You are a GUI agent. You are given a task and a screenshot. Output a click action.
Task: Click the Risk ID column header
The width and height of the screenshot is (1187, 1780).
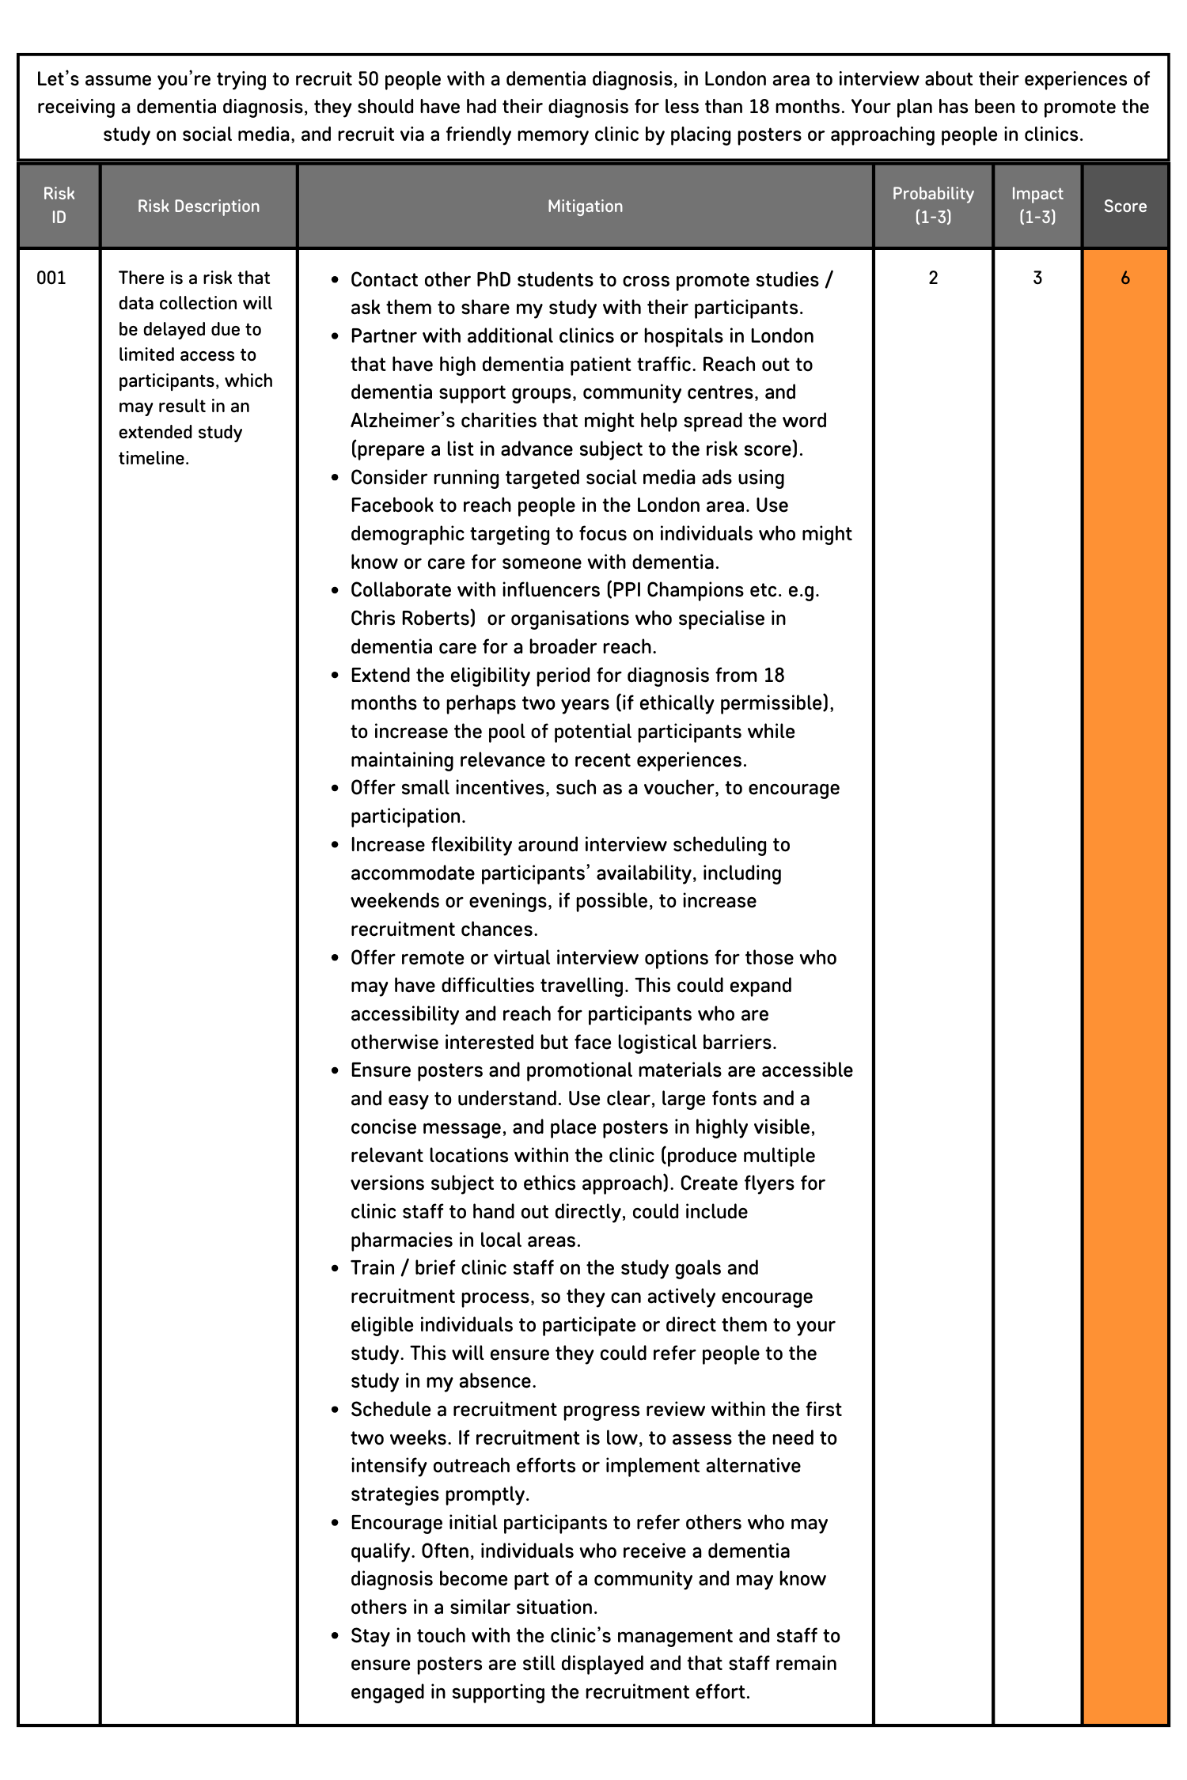click(59, 206)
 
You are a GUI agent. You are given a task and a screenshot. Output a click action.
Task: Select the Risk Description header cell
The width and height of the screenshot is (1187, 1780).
click(199, 206)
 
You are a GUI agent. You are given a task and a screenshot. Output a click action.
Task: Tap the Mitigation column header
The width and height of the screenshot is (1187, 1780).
click(585, 206)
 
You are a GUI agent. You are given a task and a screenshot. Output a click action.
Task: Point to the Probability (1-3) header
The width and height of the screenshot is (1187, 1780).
click(933, 206)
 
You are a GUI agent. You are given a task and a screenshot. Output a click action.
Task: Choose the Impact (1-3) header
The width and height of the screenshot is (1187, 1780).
click(1037, 206)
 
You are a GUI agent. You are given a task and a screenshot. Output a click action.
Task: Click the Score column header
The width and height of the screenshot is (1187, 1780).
click(1124, 206)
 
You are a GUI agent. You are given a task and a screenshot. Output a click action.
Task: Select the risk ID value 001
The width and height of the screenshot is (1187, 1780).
click(51, 278)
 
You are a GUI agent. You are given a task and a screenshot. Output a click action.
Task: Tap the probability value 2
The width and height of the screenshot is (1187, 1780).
click(933, 278)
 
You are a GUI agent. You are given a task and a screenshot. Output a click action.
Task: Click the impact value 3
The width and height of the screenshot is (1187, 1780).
click(1037, 278)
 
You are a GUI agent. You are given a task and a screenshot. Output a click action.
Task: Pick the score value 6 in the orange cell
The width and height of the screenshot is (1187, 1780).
click(1124, 278)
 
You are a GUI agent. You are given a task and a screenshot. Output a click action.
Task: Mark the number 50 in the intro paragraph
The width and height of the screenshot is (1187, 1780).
click(368, 79)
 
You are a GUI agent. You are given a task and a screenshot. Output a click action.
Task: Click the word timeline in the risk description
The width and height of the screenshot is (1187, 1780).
click(152, 458)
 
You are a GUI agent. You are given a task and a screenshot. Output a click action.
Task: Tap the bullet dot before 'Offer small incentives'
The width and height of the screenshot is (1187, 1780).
click(336, 789)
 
